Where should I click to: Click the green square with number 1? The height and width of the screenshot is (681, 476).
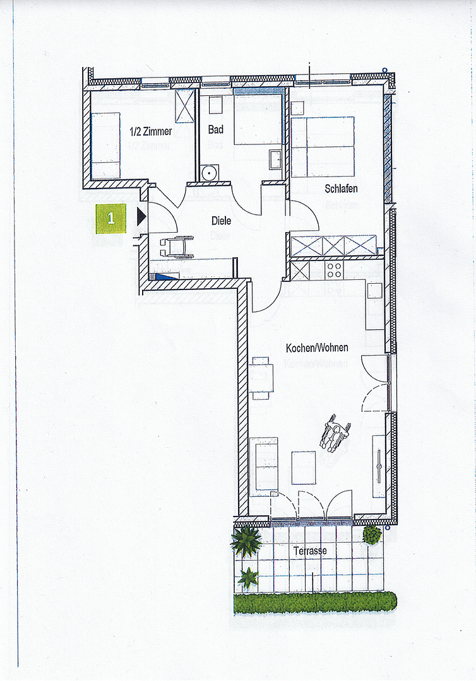[x=111, y=218]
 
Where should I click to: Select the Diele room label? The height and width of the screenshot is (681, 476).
[x=221, y=221]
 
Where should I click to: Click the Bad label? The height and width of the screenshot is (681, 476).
[x=216, y=129]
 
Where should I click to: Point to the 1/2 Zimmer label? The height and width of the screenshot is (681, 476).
[x=151, y=131]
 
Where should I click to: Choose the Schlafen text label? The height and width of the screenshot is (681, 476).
[x=342, y=189]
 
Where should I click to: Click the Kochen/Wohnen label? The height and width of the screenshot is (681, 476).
[x=317, y=348]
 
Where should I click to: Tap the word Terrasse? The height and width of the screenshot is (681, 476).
[x=310, y=551]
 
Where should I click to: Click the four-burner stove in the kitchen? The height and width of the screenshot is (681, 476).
[x=335, y=270]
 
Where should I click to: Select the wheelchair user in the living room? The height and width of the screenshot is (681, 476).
[x=335, y=433]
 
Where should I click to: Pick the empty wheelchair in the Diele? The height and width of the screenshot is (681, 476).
[x=177, y=247]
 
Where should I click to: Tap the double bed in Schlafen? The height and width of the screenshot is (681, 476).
[x=323, y=147]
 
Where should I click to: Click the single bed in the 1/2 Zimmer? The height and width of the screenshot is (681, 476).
[x=105, y=146]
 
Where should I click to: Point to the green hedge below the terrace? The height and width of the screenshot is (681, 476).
[x=315, y=603]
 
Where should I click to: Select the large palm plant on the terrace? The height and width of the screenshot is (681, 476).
[x=246, y=541]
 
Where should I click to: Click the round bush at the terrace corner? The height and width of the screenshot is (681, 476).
[x=372, y=535]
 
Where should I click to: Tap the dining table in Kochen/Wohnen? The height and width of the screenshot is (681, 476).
[x=261, y=378]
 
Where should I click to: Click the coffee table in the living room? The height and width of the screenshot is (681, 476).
[x=304, y=468]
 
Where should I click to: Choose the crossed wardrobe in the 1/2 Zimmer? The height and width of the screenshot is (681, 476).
[x=185, y=106]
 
